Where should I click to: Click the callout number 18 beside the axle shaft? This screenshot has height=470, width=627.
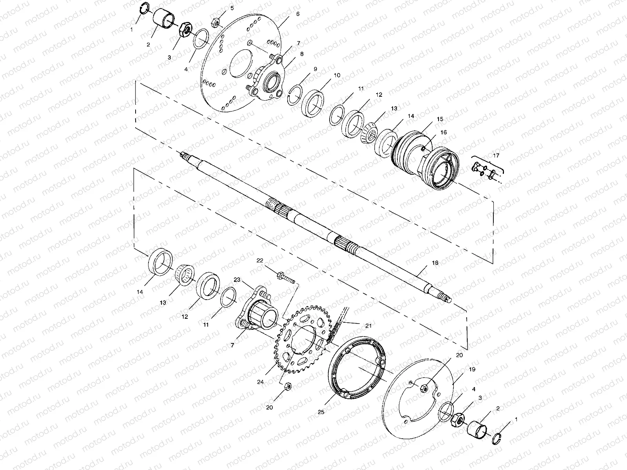435,263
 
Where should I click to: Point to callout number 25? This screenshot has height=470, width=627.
321,412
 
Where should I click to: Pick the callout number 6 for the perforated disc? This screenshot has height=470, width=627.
297,14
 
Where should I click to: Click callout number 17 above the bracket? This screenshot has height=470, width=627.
496,155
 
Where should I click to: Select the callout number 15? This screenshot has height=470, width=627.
440,119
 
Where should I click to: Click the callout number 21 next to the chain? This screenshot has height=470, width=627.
368,325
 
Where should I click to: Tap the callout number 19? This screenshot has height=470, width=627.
472,369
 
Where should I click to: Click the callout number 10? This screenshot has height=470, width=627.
337,75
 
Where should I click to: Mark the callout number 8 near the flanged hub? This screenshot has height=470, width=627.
301,54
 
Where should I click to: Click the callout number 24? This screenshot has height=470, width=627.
261,382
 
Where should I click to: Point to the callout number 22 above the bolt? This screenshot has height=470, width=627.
259,260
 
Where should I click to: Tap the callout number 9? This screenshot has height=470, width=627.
315,69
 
